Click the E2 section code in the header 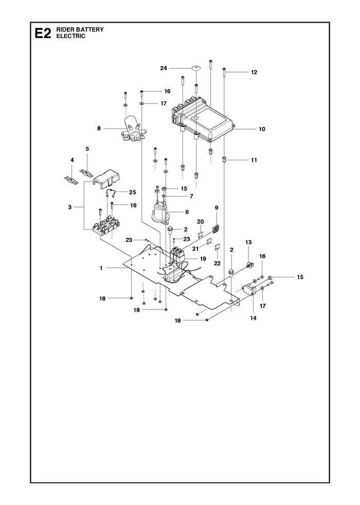tap(43, 33)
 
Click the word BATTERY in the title tap(90, 30)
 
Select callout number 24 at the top tap(164, 68)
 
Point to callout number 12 tap(254, 73)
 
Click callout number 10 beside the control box tap(262, 129)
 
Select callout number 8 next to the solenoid tap(99, 129)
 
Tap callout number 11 tap(254, 160)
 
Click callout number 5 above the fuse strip tap(87, 149)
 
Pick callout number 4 tap(72, 160)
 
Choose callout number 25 tap(132, 193)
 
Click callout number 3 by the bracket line tap(70, 207)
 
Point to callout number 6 tap(187, 212)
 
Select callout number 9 tap(217, 208)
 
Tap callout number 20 tap(201, 221)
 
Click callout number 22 tap(218, 263)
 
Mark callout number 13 tap(248, 242)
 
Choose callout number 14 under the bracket tap(253, 318)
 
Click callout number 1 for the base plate tap(101, 268)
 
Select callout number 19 tap(203, 258)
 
